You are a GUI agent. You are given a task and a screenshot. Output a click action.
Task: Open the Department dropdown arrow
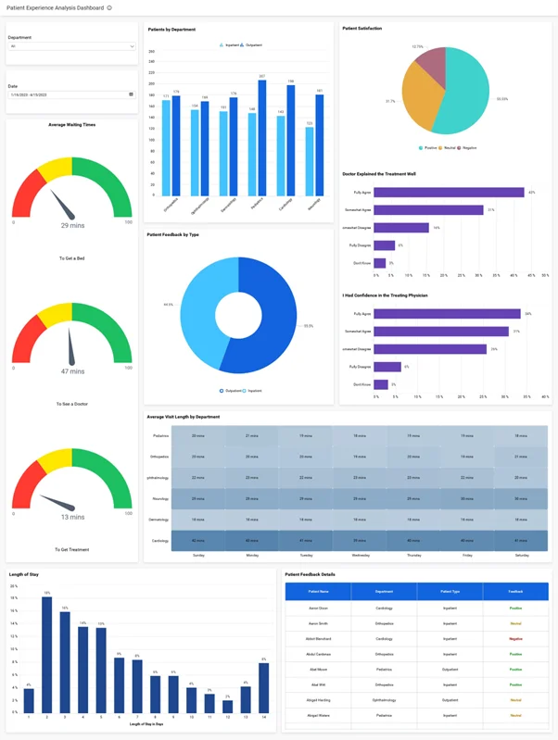[x=132, y=45]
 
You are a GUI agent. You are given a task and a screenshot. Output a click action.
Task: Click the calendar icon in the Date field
[x=131, y=94]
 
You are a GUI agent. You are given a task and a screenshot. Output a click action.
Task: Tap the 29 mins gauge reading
[x=72, y=225]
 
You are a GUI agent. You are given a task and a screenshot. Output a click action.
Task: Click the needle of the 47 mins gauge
[x=70, y=348]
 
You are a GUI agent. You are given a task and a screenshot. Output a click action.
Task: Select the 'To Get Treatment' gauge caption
[x=72, y=549]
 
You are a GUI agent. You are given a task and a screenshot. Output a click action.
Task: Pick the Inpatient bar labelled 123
[x=310, y=161]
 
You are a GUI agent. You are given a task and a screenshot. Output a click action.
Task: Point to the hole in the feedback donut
[x=238, y=316]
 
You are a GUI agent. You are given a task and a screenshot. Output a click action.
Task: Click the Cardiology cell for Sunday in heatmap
[x=198, y=540]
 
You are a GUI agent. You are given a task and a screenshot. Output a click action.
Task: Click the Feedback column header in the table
[x=515, y=590]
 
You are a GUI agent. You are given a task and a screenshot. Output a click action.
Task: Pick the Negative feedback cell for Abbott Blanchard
[x=515, y=638]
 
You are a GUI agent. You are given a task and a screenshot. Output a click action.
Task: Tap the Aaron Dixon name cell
[x=318, y=608]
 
